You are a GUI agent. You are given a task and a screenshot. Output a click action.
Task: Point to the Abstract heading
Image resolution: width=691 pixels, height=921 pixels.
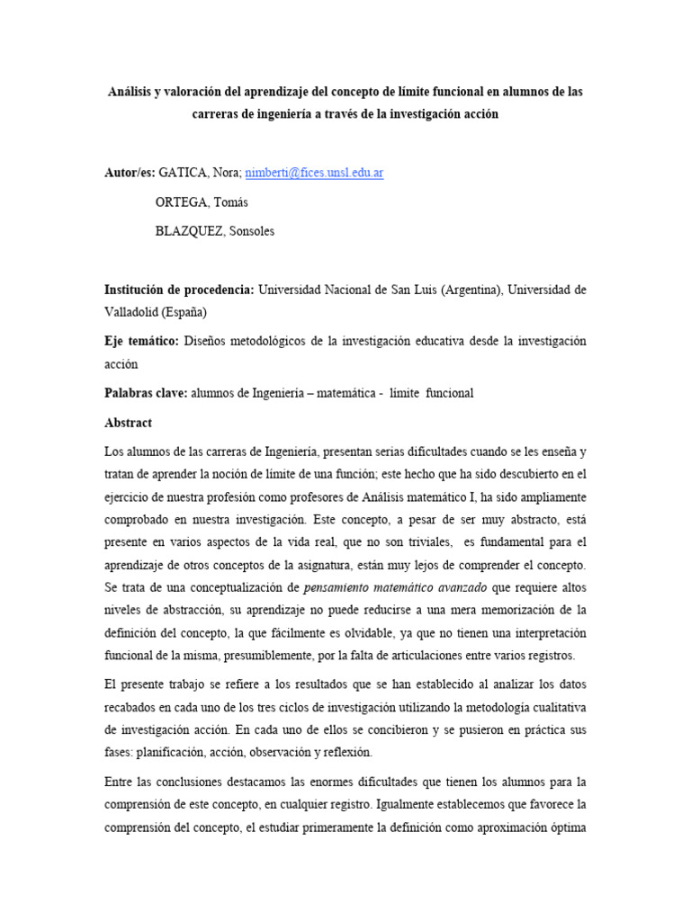[x=129, y=423]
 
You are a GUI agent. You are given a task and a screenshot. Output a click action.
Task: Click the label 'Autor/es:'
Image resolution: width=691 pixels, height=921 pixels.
[x=130, y=173]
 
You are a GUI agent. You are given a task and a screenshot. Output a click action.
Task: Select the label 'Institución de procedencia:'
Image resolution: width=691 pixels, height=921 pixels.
[x=180, y=290]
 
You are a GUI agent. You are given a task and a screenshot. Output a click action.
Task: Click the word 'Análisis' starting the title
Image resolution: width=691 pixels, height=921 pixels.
[x=134, y=93]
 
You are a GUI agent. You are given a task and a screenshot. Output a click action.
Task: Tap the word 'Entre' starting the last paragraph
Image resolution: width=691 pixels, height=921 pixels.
[x=122, y=782]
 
